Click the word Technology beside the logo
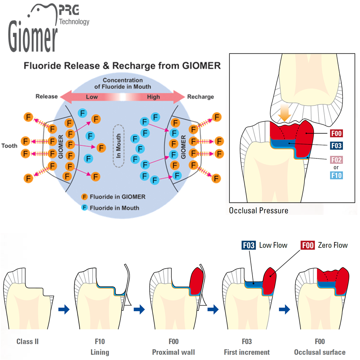tap(74, 22)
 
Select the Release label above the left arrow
tap(46, 96)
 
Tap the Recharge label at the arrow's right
tap(200, 97)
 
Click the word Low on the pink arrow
tap(92, 97)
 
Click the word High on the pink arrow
tap(154, 97)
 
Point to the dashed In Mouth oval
tap(118, 145)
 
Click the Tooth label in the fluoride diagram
tap(9, 146)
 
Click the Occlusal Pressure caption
tap(258, 210)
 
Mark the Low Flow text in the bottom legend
tap(273, 245)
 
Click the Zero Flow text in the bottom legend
tap(333, 245)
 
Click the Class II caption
tap(27, 341)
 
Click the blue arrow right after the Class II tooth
tap(64, 309)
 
